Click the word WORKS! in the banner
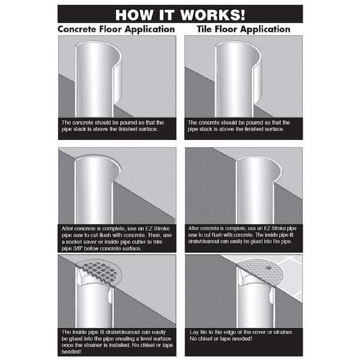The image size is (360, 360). (x=213, y=15)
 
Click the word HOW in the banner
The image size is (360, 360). (x=134, y=15)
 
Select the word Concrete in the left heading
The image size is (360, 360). (x=77, y=29)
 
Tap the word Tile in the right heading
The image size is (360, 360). (x=205, y=29)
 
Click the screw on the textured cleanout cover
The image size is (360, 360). (x=268, y=268)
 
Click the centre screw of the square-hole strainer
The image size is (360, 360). (x=106, y=268)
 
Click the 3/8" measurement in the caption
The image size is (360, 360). (x=77, y=248)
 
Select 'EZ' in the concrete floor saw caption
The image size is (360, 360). (x=149, y=229)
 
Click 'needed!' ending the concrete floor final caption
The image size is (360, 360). (x=71, y=352)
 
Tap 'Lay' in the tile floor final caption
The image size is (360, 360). (x=194, y=332)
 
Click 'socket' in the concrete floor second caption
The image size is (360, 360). (x=74, y=242)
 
